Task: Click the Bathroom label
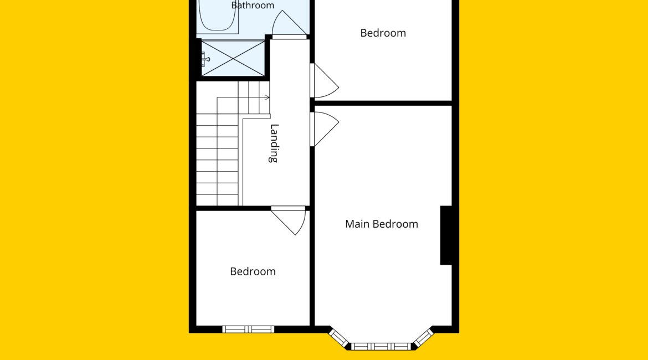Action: click(x=253, y=5)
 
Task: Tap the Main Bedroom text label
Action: click(x=382, y=224)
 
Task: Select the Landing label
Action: click(x=274, y=143)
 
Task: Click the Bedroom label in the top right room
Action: click(x=383, y=33)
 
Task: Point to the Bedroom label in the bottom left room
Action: click(x=253, y=271)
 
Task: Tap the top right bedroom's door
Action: click(x=325, y=81)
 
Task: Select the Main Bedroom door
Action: click(x=325, y=129)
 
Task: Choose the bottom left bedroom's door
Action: click(x=289, y=220)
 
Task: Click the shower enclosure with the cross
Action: click(x=233, y=58)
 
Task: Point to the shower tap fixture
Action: click(x=205, y=59)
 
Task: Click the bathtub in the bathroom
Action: click(x=218, y=16)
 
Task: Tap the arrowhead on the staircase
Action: click(x=268, y=97)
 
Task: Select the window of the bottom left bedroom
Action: click(x=248, y=330)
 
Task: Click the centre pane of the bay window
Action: click(x=381, y=346)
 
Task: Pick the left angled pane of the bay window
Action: click(x=339, y=338)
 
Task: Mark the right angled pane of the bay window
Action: click(x=423, y=338)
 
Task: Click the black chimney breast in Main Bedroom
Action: click(x=446, y=235)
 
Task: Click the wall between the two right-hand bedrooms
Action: click(x=383, y=103)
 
